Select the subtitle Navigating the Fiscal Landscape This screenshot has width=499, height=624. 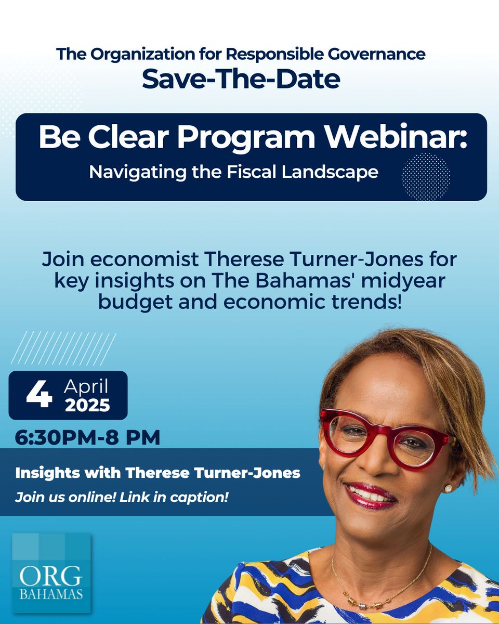(x=233, y=172)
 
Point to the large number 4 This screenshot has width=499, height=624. (x=39, y=395)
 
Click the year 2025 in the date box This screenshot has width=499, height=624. (x=87, y=405)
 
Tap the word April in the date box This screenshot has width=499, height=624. (x=86, y=387)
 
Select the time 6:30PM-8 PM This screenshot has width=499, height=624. (x=87, y=437)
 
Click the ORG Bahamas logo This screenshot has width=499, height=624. (x=51, y=574)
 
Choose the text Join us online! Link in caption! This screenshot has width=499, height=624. (x=122, y=497)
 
